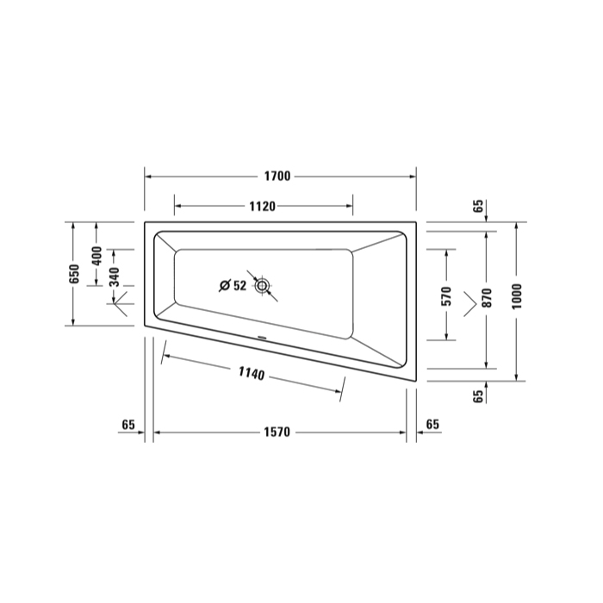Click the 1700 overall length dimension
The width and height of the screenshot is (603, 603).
pos(277,176)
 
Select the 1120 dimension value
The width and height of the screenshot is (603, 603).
pos(262,207)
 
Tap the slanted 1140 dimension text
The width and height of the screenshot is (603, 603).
pos(252,373)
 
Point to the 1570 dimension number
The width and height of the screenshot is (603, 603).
pos(277,432)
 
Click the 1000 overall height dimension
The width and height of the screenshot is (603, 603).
pos(517,296)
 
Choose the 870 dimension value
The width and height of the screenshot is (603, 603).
pos(487,298)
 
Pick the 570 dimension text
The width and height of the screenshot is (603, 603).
pos(447,296)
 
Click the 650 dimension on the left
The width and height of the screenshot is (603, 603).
pos(74,274)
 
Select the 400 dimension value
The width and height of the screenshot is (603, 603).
pos(96,256)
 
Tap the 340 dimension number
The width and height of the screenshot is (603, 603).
pos(115,277)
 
